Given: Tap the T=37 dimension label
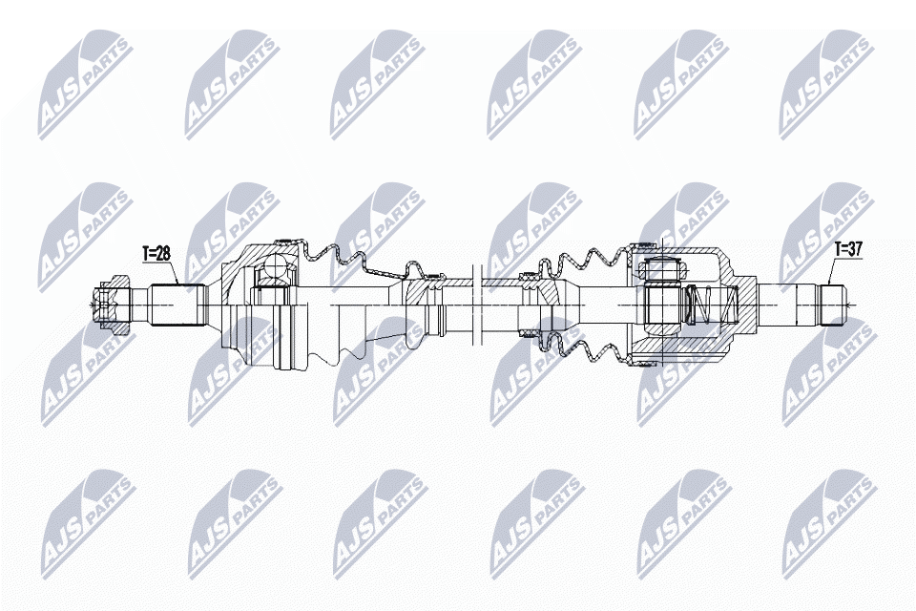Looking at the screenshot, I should pyautogui.click(x=847, y=250).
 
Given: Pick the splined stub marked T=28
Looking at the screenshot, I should pyautogui.click(x=178, y=305).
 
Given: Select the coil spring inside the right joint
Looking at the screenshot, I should pyautogui.click(x=703, y=305).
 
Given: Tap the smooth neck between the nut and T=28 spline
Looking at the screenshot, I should pyautogui.click(x=140, y=305).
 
